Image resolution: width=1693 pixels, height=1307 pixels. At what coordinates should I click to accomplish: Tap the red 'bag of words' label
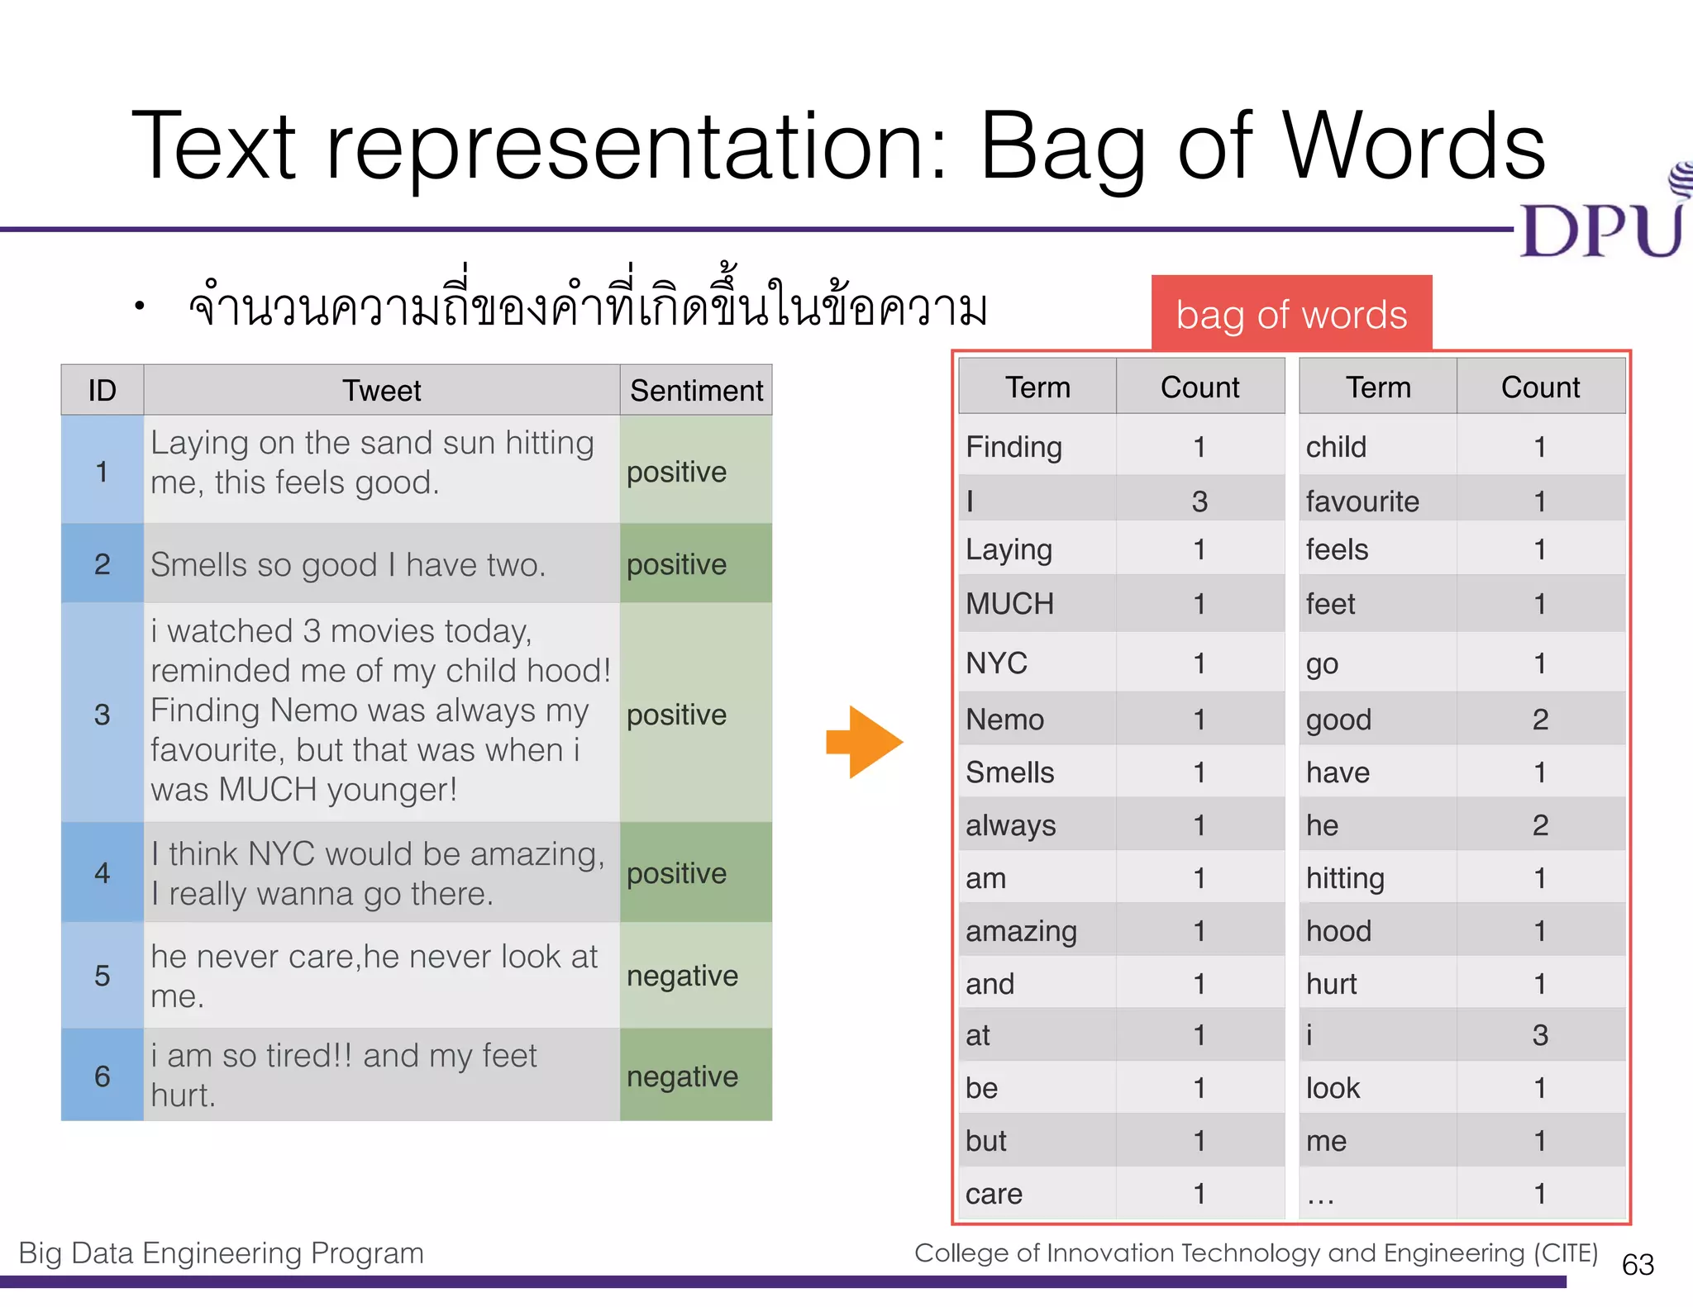(x=1291, y=315)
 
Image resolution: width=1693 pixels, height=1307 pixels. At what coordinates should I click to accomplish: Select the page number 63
(x=1638, y=1264)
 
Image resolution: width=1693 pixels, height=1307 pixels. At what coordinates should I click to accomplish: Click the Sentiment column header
(x=696, y=390)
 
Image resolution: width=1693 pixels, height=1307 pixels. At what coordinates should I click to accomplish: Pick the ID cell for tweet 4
(x=103, y=872)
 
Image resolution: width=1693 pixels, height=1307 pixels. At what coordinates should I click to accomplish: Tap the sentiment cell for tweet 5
(x=695, y=976)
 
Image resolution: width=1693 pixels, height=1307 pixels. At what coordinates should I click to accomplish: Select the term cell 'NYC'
(x=1037, y=663)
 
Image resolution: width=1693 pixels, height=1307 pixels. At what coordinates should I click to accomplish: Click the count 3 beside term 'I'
(x=1199, y=501)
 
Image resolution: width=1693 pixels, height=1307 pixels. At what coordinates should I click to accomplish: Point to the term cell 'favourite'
(x=1376, y=501)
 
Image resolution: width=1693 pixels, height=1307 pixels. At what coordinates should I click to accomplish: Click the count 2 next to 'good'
(x=1540, y=719)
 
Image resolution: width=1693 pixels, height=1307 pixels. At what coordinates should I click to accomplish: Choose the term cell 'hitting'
(x=1376, y=877)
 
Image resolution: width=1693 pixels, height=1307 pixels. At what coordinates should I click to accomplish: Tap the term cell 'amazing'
(x=1037, y=931)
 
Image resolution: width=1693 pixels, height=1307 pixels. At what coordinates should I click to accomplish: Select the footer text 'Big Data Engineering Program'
(x=221, y=1252)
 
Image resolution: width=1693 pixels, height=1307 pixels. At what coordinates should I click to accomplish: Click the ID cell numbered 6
(x=103, y=1076)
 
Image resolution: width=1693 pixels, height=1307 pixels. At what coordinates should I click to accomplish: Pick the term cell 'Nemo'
(x=1037, y=719)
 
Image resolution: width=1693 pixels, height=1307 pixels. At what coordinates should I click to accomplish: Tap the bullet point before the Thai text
(x=140, y=307)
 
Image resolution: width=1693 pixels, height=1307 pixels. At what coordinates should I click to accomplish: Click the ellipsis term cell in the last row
(x=1376, y=1194)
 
